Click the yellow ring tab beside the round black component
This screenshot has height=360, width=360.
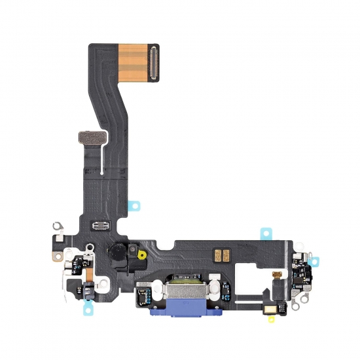pyautogui.click(x=139, y=253)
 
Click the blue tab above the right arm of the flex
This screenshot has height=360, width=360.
pyautogui.click(x=266, y=232)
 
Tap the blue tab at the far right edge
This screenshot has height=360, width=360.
pyautogui.click(x=314, y=261)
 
